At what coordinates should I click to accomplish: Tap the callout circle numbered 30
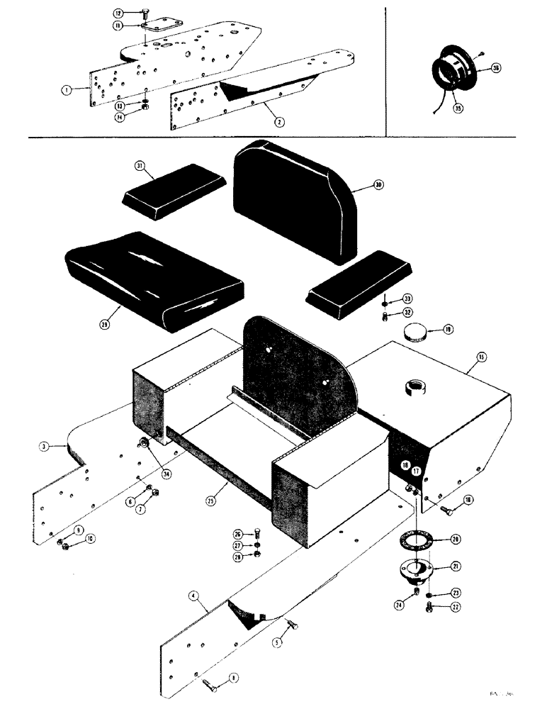coord(378,185)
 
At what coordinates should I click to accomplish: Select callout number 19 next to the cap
coord(448,328)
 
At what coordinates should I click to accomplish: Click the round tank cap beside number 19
coord(416,333)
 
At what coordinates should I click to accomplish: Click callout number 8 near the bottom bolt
coord(233,678)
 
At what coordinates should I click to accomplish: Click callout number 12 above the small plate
coord(118,12)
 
